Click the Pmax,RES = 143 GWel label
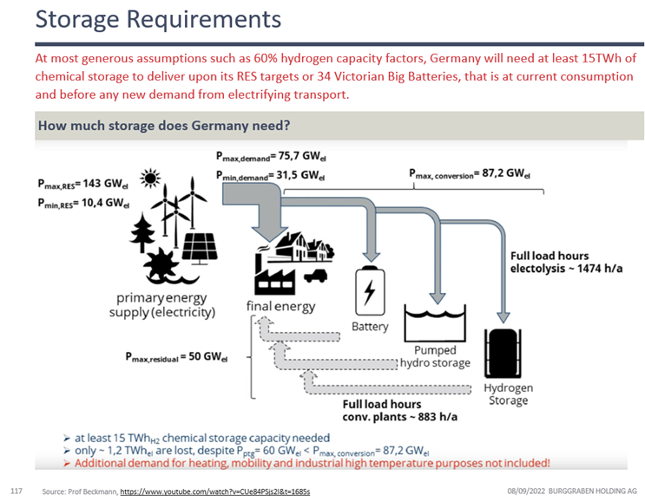click(x=83, y=184)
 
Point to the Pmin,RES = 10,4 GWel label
click(x=83, y=205)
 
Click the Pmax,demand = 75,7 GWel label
click(x=276, y=157)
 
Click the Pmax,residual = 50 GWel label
click(x=175, y=356)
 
